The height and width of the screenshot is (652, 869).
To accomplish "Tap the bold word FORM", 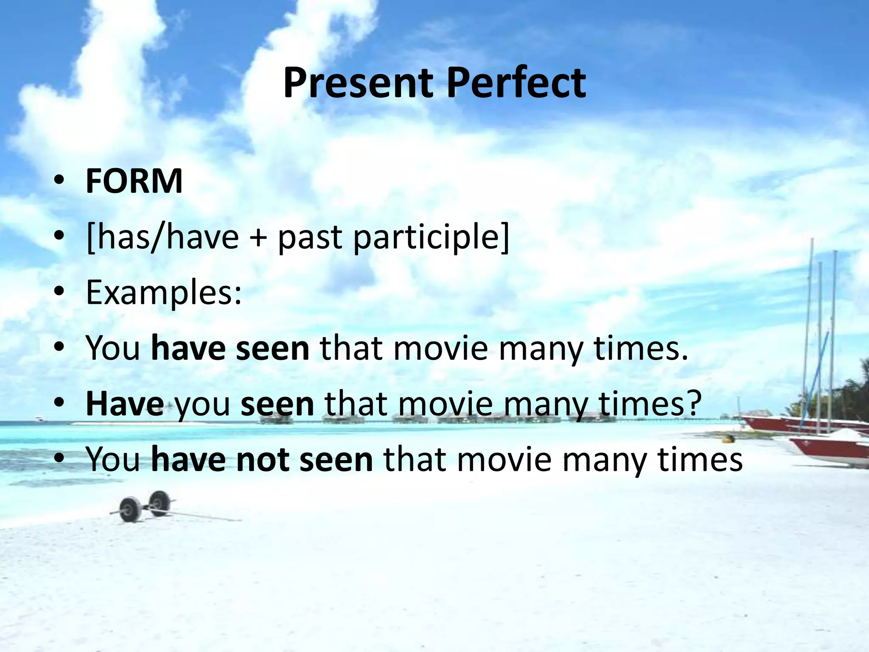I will [x=134, y=181].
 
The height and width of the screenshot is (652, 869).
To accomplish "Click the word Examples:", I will [x=164, y=293].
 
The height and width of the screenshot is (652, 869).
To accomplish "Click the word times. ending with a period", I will [x=641, y=348].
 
